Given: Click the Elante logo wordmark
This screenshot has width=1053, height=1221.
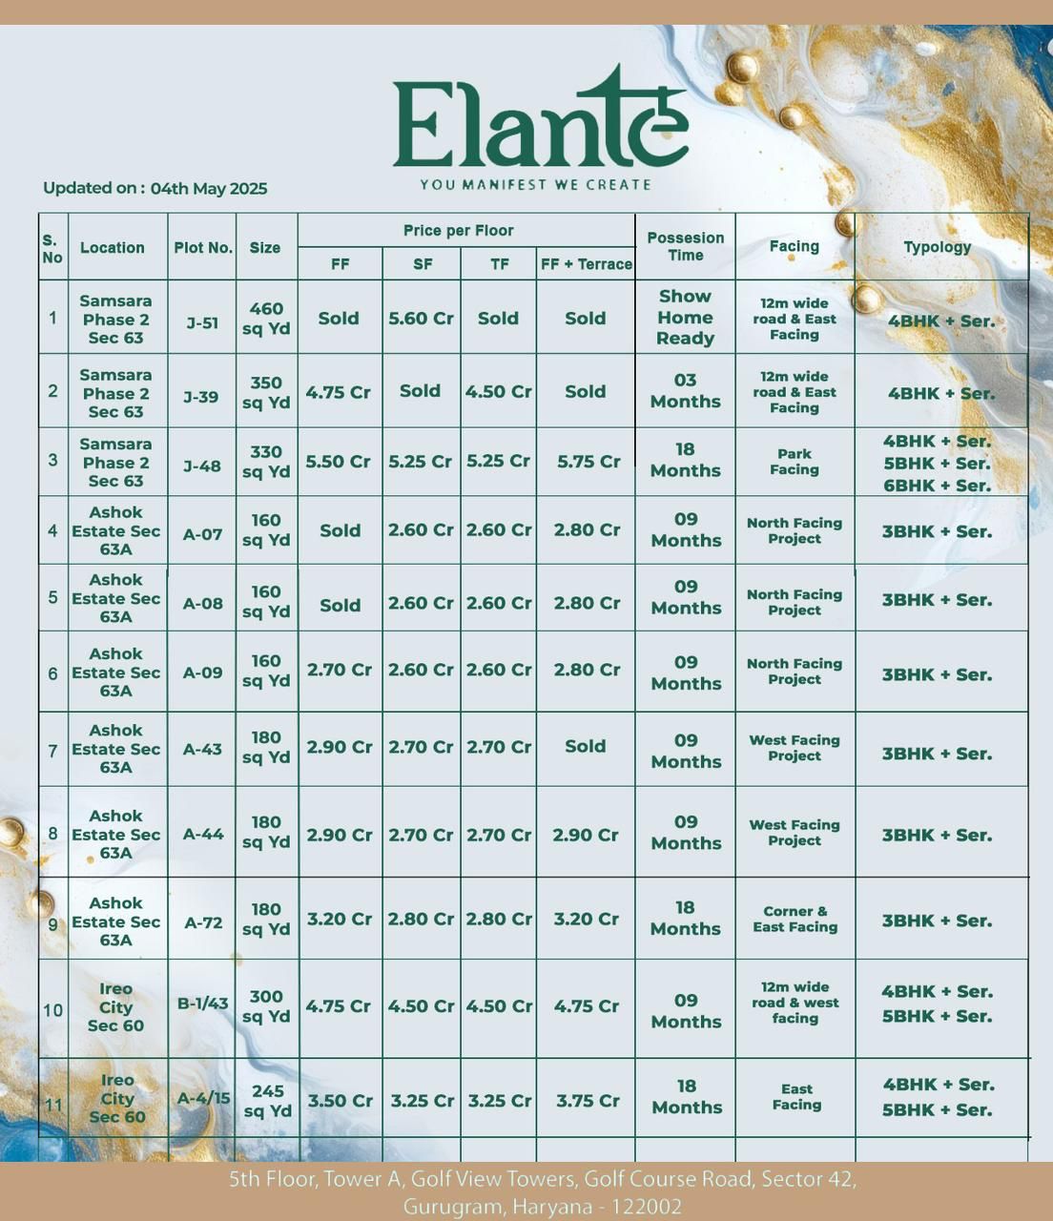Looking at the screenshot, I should pos(540,122).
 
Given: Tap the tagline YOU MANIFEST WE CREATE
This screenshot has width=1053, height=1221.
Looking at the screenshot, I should pos(535,185).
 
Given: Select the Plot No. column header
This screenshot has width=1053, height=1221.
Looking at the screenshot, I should pos(202,248).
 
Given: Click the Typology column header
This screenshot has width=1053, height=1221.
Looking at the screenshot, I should pos(937,247).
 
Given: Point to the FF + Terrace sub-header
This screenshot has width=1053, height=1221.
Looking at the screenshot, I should pos(586,264).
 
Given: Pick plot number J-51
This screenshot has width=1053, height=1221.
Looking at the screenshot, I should pos(202,323).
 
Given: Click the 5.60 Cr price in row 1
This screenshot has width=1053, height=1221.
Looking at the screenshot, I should pos(421,319).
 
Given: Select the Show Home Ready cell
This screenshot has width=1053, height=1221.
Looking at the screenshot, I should pos(685,318).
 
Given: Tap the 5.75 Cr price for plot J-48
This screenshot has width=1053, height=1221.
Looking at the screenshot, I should pos(588,462).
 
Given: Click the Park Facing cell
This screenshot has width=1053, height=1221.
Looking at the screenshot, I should pos(794,462).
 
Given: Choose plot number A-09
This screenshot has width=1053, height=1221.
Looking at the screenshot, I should pos(202,673).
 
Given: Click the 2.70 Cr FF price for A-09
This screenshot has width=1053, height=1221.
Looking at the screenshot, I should pos(340,671).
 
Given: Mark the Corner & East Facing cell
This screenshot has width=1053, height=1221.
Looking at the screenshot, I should pos(795,920).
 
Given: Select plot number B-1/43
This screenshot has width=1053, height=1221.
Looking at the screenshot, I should pos(202,1004).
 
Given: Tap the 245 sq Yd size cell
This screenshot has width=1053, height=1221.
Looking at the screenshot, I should pos(267,1101).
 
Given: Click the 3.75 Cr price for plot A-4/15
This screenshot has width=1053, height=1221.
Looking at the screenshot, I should pos(588,1101).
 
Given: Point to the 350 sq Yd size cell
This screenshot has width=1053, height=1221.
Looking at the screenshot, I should pos(266,393).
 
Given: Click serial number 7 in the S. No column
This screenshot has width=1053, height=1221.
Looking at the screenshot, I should pos(52,751).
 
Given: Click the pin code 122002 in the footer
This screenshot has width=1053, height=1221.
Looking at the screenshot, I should pos(647,1207).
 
